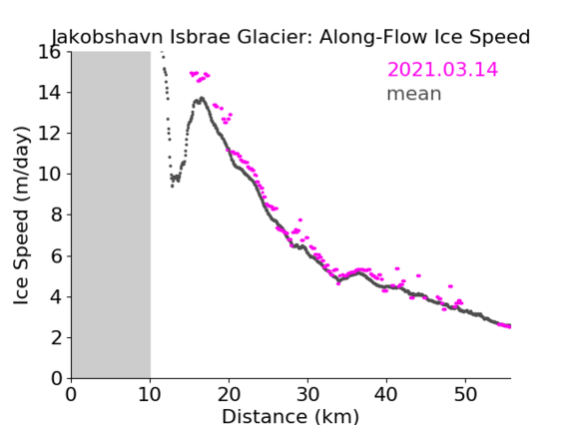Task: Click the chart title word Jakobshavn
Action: click(108, 37)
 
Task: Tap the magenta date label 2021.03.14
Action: click(442, 70)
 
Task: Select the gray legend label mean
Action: click(414, 94)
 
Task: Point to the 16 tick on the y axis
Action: click(49, 52)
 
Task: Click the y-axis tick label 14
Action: click(49, 93)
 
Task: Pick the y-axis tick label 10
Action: click(49, 175)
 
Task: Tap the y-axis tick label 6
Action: click(56, 255)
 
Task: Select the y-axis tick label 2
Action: click(56, 338)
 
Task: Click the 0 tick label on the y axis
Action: click(56, 379)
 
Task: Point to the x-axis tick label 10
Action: click(150, 395)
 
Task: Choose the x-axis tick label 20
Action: click(229, 395)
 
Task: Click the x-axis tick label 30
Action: click(307, 395)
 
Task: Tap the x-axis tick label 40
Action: click(386, 395)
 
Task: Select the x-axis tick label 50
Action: click(465, 395)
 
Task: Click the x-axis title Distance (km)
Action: click(290, 417)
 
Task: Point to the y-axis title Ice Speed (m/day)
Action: click(21, 215)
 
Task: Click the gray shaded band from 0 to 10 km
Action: click(111, 215)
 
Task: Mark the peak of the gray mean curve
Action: click(202, 98)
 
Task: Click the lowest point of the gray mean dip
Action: click(172, 187)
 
